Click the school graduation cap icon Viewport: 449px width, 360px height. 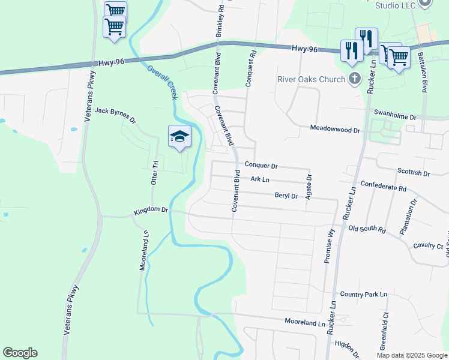click(x=179, y=137)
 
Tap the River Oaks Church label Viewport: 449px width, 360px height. click(x=310, y=79)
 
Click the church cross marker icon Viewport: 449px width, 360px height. click(x=354, y=79)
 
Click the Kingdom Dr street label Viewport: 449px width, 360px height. click(x=151, y=210)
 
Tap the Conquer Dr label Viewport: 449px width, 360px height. click(x=261, y=166)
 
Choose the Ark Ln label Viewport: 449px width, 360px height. click(x=260, y=179)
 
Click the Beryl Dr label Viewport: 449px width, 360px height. click(x=286, y=196)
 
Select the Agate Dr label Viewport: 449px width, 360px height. click(x=310, y=187)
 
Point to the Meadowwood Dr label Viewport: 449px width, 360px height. click(x=335, y=128)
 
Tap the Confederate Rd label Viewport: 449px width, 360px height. click(x=383, y=188)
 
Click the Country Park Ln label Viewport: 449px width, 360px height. click(x=364, y=295)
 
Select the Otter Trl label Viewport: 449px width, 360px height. click(x=154, y=173)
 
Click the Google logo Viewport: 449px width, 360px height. click(x=20, y=353)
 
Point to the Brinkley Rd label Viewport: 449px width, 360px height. click(x=220, y=20)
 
